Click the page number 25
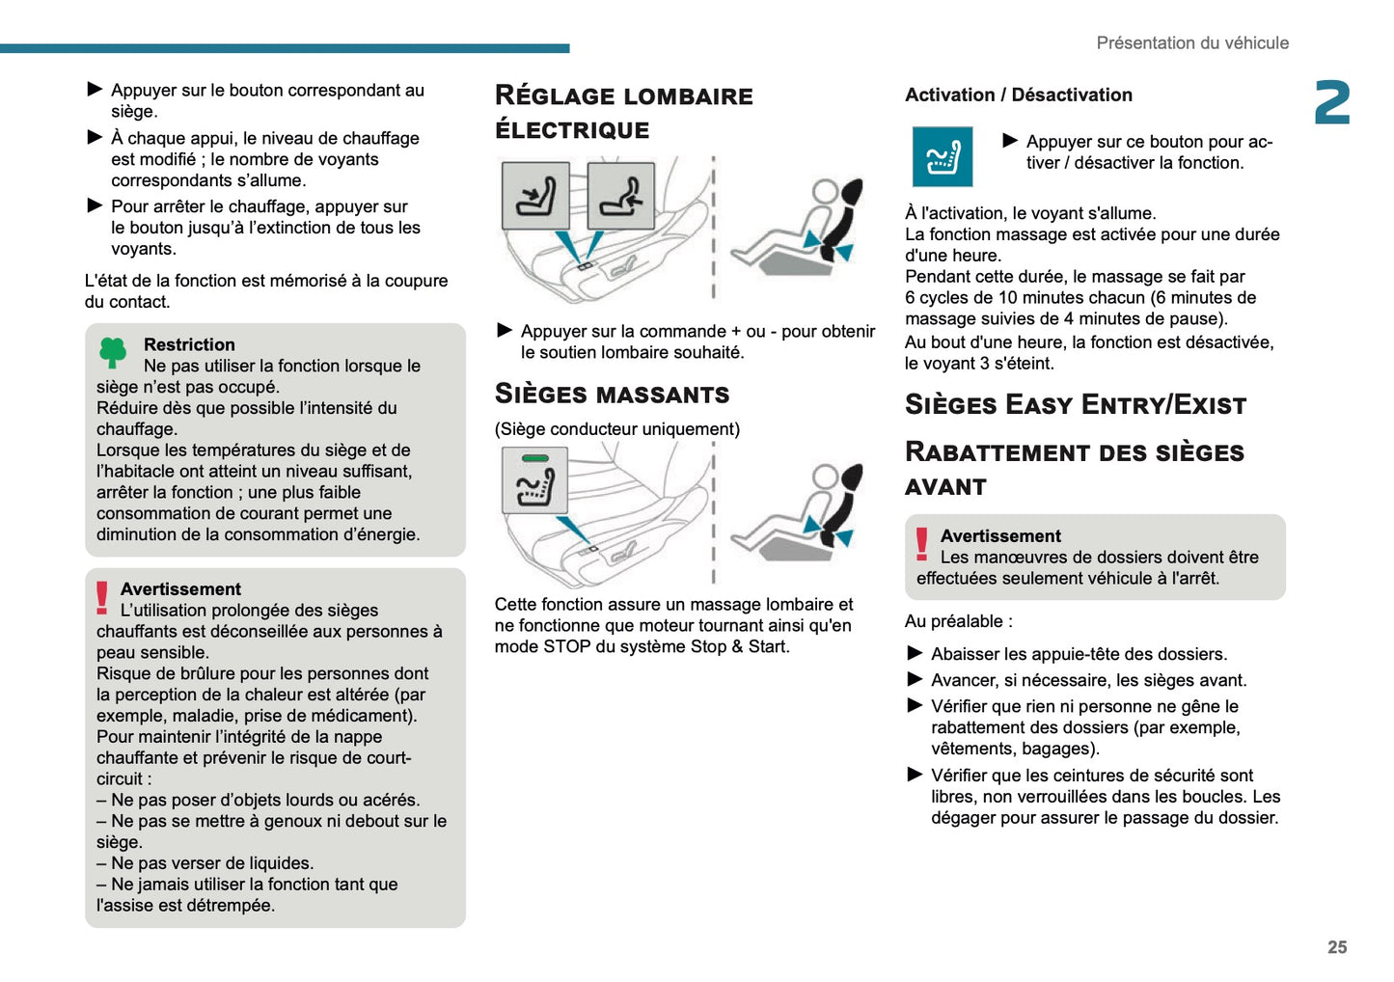pyautogui.click(x=1336, y=947)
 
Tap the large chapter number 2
pyautogui.click(x=1331, y=103)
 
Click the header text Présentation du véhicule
pyautogui.click(x=1191, y=43)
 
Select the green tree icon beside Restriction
pyautogui.click(x=113, y=353)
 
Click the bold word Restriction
pyautogui.click(x=189, y=344)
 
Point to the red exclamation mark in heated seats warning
pyautogui.click(x=102, y=598)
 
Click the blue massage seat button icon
pyautogui.click(x=942, y=157)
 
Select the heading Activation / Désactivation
pyautogui.click(x=1018, y=95)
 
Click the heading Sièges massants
pyautogui.click(x=612, y=395)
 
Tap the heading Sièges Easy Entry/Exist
pyautogui.click(x=1075, y=405)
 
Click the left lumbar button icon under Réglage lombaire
pyautogui.click(x=535, y=196)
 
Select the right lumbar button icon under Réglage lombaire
pyautogui.click(x=620, y=196)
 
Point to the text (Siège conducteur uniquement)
pyautogui.click(x=616, y=429)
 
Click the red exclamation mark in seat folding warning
pyautogui.click(x=922, y=545)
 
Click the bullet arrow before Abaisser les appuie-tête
pyautogui.click(x=916, y=653)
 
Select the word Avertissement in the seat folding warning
pyautogui.click(x=1000, y=536)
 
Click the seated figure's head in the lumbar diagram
pyautogui.click(x=825, y=191)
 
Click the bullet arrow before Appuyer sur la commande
pyautogui.click(x=505, y=331)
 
